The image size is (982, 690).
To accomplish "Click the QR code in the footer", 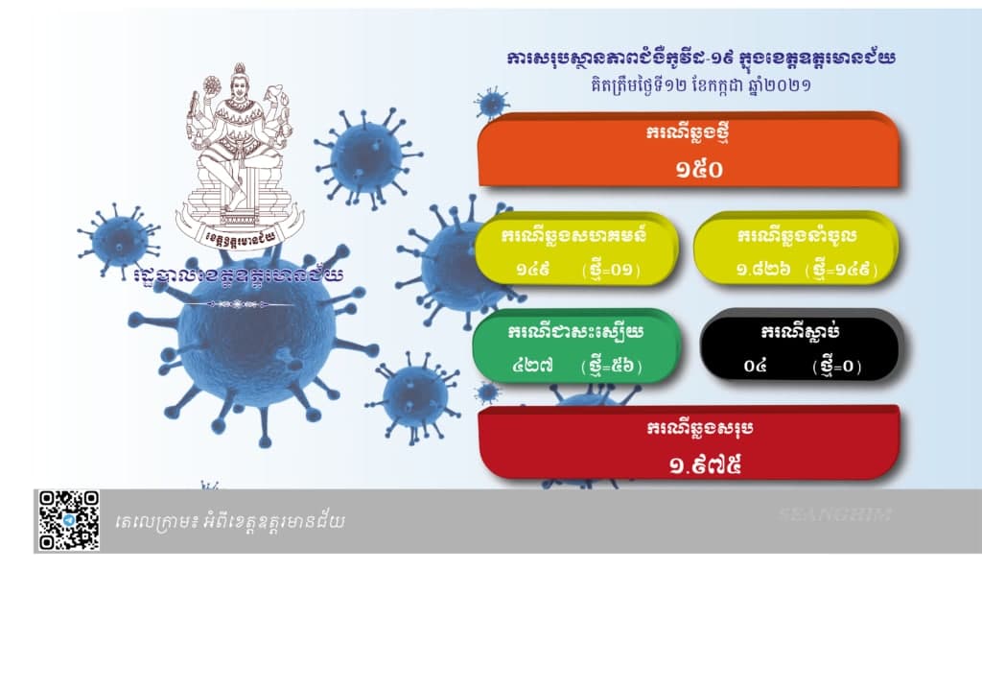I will tap(69, 520).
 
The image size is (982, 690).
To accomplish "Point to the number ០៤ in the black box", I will tap(755, 366).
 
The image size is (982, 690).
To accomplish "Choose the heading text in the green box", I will tap(575, 332).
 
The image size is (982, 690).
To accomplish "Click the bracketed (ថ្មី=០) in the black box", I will tap(837, 366).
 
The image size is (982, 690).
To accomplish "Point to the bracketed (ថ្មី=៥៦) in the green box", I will tap(611, 366).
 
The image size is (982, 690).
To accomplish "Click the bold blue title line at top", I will tap(701, 59).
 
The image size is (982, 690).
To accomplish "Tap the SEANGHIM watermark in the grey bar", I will tap(835, 514).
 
